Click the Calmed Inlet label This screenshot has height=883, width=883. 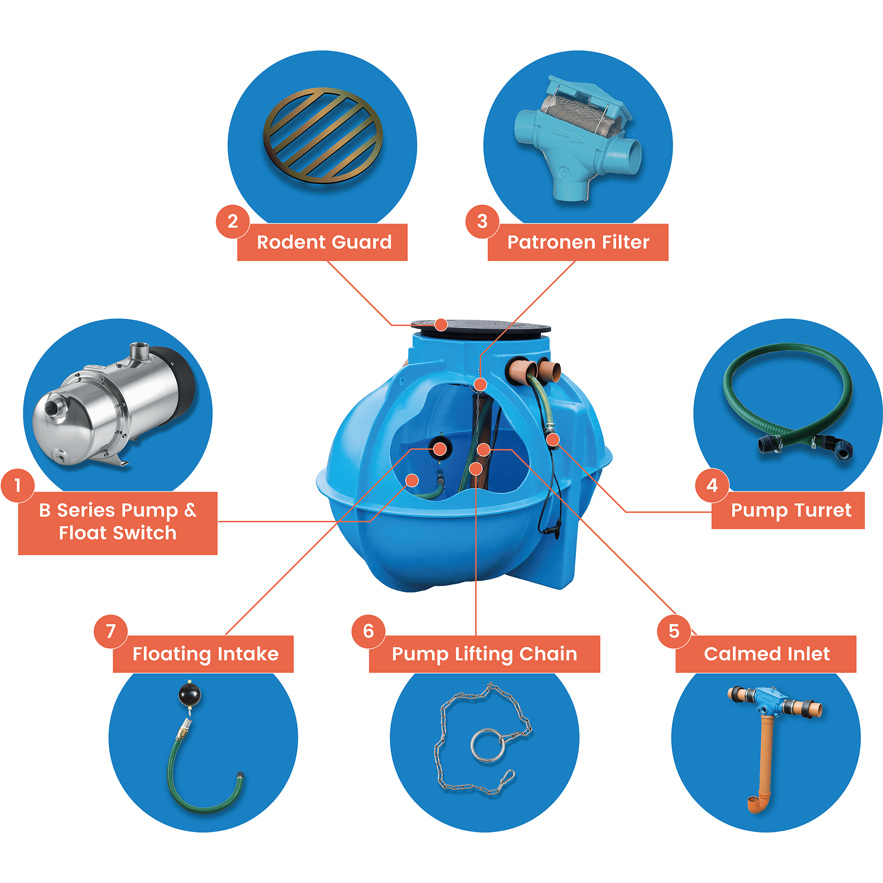click(x=766, y=654)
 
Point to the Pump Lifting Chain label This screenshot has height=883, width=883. click(x=484, y=654)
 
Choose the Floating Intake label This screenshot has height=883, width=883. click(x=205, y=654)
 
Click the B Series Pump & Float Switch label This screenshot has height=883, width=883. click(x=117, y=522)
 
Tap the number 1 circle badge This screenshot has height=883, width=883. click(x=17, y=485)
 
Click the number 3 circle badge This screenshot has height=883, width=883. click(x=482, y=221)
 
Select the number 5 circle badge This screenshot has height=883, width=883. click(x=674, y=631)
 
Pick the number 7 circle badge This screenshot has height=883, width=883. click(x=111, y=631)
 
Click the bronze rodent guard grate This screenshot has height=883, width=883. click(x=323, y=135)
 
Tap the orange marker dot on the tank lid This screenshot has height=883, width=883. click(x=441, y=325)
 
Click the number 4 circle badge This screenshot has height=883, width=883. click(x=712, y=485)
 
